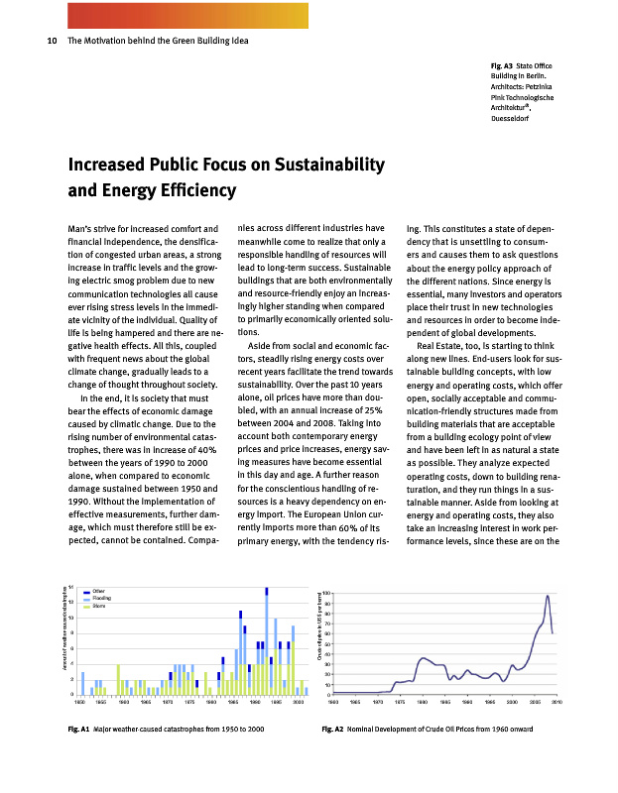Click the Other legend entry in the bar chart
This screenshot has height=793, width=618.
(x=99, y=591)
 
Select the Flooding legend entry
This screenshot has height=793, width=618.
(x=102, y=599)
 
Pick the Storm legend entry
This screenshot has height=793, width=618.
(x=99, y=606)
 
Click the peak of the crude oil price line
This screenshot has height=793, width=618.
(x=548, y=596)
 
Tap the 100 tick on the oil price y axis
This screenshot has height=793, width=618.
(x=326, y=593)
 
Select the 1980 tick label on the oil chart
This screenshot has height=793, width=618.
(x=423, y=701)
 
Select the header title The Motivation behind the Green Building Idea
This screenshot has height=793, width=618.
(x=158, y=41)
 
